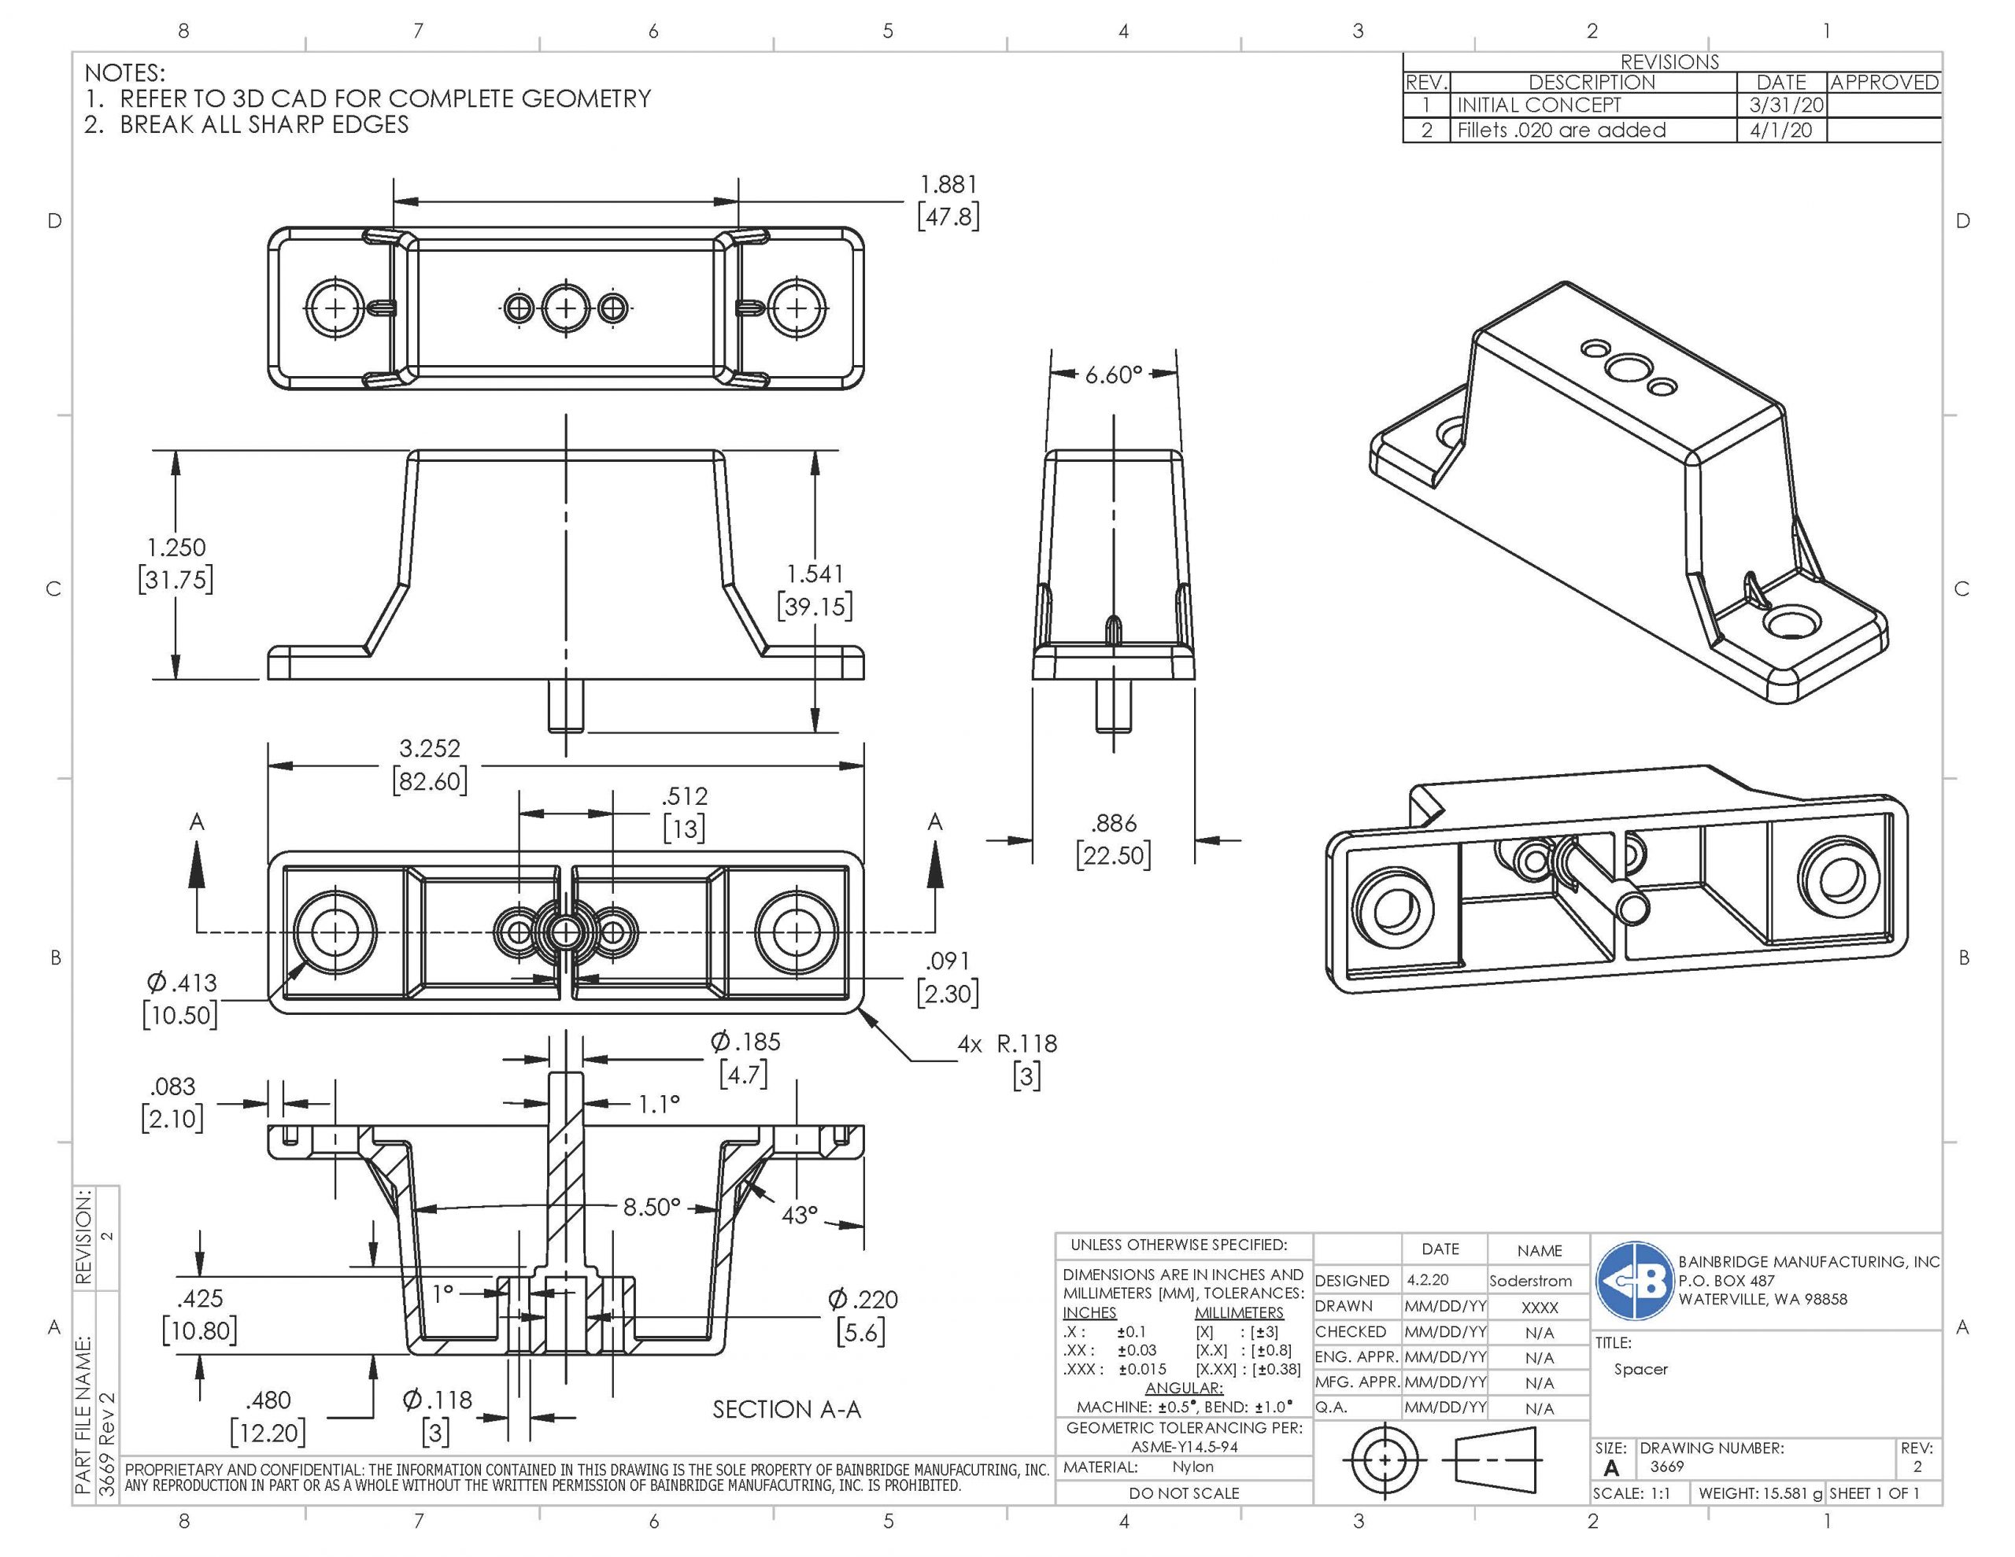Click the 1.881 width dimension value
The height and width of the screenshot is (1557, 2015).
click(948, 186)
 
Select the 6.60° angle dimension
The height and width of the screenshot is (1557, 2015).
click(1114, 374)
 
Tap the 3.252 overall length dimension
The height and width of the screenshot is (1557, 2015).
click(429, 748)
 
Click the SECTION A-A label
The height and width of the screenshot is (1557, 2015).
click(786, 1409)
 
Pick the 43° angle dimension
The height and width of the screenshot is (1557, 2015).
click(799, 1215)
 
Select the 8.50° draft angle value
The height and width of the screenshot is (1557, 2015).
click(653, 1206)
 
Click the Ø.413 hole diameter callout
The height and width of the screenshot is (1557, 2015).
click(181, 983)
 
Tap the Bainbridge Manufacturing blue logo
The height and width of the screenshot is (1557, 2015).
click(1635, 1281)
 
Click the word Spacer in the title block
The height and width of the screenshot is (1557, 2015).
click(1640, 1369)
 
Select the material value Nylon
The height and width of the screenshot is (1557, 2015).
click(1193, 1467)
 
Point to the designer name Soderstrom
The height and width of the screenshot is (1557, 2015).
click(1531, 1281)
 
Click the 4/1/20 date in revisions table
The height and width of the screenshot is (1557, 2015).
click(1780, 130)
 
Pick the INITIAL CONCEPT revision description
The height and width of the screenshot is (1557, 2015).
click(1538, 105)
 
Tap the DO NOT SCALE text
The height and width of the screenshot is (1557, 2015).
click(1184, 1492)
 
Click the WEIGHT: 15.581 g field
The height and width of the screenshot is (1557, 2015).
click(1760, 1492)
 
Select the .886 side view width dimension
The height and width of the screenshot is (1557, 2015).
click(1114, 824)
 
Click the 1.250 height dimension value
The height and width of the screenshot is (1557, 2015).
click(176, 547)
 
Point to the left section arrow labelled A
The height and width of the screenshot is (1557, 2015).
click(197, 867)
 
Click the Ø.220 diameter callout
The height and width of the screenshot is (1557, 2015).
click(863, 1300)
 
